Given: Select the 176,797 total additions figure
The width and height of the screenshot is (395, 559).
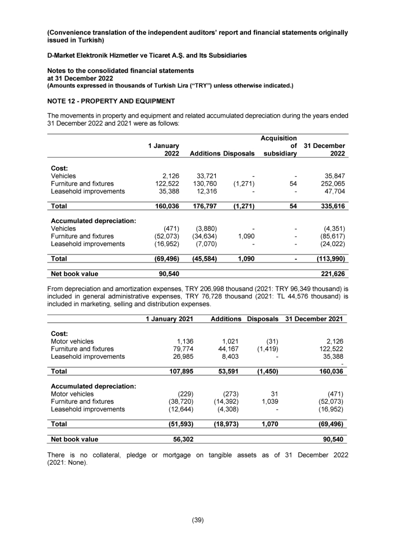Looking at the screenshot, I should [204, 206].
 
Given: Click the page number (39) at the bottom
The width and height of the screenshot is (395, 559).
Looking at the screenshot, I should [198, 520].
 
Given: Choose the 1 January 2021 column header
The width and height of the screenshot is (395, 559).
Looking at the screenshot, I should [169, 319].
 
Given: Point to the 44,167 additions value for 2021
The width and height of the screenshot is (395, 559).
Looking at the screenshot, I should [229, 349].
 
